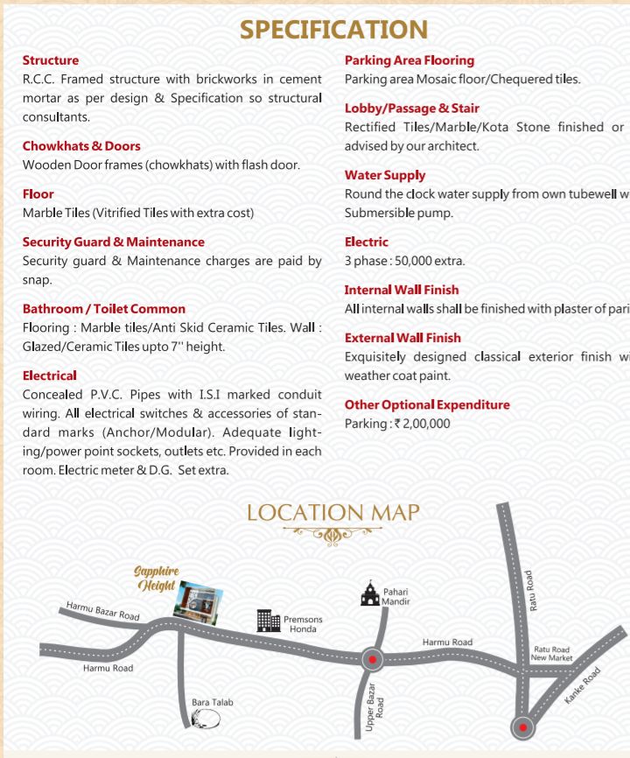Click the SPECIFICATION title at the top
coord(334,30)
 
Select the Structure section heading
coord(51,60)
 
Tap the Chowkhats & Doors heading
coord(81,146)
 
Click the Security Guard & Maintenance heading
coord(114,242)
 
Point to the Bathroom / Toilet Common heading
coord(104,309)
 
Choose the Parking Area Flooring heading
coord(409,60)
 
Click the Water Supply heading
coord(385,175)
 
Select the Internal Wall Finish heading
coord(402,290)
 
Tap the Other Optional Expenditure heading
coord(427,404)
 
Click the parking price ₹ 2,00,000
coord(423,424)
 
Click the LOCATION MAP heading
coord(333,512)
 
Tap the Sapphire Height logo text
coord(157,579)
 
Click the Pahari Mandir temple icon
coord(370,595)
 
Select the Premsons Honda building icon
coord(268,621)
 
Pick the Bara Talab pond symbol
coord(206,719)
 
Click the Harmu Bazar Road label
coord(103,611)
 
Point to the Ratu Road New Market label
coord(552,654)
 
